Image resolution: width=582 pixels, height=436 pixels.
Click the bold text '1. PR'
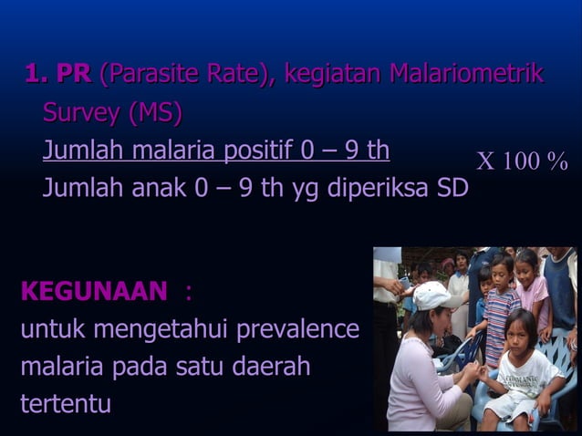pos(57,74)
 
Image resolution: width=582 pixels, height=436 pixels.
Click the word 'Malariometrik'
pos(466,74)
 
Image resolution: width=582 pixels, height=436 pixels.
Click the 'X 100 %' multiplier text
pos(522,162)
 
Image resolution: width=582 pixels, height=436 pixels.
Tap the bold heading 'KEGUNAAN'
pos(94,292)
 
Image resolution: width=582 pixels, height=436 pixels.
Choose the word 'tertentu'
pos(66,403)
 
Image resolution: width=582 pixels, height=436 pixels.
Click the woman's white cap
pos(434,294)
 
